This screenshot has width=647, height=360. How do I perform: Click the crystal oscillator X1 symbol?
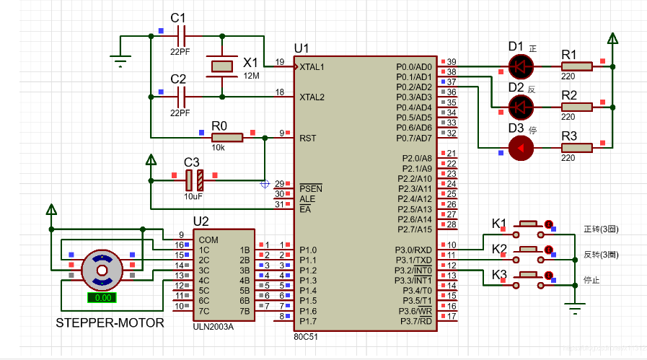[x=221, y=66]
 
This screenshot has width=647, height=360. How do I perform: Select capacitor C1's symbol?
[x=181, y=32]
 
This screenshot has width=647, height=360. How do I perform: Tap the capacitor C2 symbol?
[x=181, y=93]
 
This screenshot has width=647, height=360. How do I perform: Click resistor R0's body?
[x=226, y=137]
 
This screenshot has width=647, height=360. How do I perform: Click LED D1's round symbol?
[x=519, y=67]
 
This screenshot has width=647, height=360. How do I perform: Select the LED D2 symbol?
[x=519, y=107]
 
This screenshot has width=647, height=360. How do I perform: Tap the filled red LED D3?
[x=520, y=148]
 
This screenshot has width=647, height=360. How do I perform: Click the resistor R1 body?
[x=576, y=67]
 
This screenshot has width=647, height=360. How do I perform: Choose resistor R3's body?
[x=576, y=148]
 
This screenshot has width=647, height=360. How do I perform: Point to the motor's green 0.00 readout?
[x=102, y=297]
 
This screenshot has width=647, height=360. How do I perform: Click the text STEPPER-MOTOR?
[x=110, y=323]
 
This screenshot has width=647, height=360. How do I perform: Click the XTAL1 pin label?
[x=312, y=66]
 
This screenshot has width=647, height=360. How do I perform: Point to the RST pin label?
[x=307, y=138]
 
